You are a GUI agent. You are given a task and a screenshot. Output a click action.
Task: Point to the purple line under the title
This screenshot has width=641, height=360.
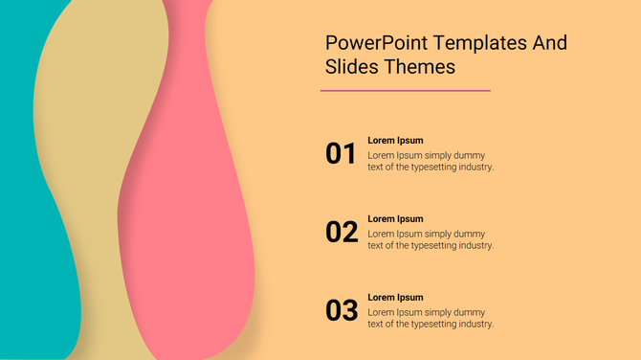(x=405, y=91)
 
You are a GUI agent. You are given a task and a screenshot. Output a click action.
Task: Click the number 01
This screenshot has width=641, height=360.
(x=342, y=153)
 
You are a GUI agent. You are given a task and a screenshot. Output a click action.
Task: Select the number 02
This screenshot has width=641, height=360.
(x=342, y=232)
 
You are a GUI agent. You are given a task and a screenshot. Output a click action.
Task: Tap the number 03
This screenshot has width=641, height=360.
(x=342, y=310)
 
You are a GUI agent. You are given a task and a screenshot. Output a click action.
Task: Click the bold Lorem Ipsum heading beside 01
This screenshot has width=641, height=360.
(x=395, y=141)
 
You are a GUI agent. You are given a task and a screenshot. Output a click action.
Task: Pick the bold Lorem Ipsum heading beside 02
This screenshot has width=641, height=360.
(x=395, y=219)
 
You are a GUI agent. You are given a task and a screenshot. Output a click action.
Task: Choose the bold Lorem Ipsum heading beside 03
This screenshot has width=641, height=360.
(x=395, y=298)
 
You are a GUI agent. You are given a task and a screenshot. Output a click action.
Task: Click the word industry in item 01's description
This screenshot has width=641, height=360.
(x=475, y=167)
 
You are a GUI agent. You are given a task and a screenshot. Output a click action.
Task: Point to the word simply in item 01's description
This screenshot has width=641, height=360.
(x=438, y=155)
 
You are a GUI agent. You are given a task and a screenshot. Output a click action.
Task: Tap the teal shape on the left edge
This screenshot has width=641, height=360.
(x=24, y=191)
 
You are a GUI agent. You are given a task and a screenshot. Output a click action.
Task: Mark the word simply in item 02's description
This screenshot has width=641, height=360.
(x=438, y=234)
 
